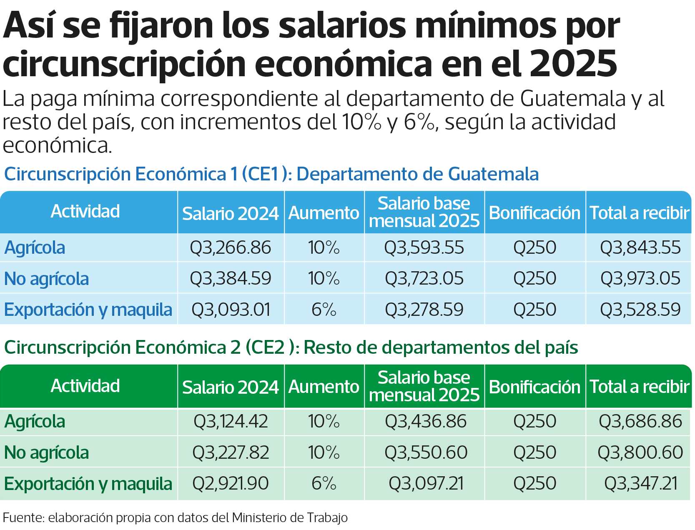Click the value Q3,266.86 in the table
pyautogui.click(x=230, y=247)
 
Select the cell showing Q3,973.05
pyautogui.click(x=640, y=278)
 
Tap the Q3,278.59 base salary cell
pyautogui.click(x=424, y=309)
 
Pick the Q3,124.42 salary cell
pyautogui.click(x=230, y=421)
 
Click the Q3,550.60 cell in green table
pyautogui.click(x=426, y=452)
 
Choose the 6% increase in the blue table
pyautogui.click(x=324, y=309)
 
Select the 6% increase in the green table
pyautogui.click(x=324, y=483)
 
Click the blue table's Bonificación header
pyautogui.click(x=534, y=213)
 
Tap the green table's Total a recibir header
pyautogui.click(x=639, y=387)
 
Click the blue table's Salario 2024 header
pyautogui.click(x=230, y=213)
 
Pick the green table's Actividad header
pyautogui.click(x=85, y=385)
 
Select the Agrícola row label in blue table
pyautogui.click(x=35, y=248)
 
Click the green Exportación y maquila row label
pyautogui.click(x=88, y=484)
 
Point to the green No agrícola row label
pyautogui.click(x=46, y=452)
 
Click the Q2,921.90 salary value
pyautogui.click(x=230, y=483)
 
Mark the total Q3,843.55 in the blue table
pyautogui.click(x=640, y=247)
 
